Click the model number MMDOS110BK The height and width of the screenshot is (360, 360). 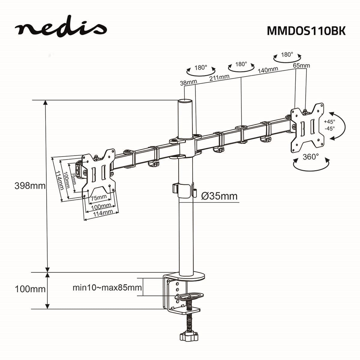tap(306, 31)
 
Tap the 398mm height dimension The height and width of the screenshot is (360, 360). tap(30, 186)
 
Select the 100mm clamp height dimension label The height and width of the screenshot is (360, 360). tap(30, 289)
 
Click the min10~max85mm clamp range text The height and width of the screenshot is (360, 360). tap(107, 288)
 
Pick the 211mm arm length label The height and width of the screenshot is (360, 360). tap(219, 77)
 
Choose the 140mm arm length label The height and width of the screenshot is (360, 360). tap(268, 70)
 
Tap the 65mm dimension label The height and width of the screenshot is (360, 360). tap(301, 65)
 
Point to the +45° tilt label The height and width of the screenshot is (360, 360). tap(329, 122)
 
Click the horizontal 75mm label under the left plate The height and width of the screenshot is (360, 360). tap(99, 197)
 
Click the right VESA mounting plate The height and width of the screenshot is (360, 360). tap(307, 127)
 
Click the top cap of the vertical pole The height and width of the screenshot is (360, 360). tap(185, 101)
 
